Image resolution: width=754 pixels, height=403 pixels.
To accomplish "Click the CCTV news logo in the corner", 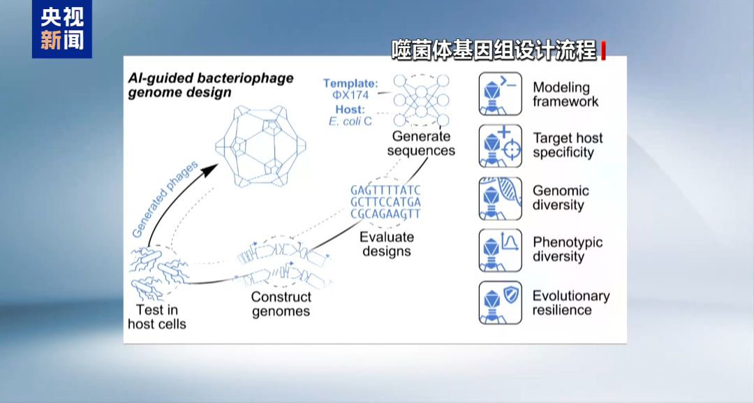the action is coord(62,29).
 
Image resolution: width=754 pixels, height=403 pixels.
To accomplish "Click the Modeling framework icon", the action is coord(500,94).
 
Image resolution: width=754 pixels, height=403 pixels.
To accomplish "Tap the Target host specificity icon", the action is coord(500,146).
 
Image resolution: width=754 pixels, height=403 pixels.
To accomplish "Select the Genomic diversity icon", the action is coord(500,198).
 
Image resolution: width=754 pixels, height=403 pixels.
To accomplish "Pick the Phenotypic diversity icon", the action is coord(500,250).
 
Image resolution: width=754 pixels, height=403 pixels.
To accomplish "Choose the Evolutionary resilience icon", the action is coord(500,302).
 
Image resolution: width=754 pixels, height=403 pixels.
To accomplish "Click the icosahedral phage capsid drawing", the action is coord(260,146).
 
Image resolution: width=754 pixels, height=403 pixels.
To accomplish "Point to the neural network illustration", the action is coord(421,100).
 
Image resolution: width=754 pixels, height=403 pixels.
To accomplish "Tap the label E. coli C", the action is coord(350,122).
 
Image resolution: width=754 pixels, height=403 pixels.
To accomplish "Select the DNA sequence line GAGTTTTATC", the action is coord(385,190).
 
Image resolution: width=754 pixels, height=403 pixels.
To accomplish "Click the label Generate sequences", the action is coord(421,143).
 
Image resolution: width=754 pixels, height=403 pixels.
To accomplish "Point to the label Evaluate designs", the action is coord(387,244).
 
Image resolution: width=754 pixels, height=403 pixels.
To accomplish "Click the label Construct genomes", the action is coord(281,304).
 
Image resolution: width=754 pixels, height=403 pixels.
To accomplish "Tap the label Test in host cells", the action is coord(157,316).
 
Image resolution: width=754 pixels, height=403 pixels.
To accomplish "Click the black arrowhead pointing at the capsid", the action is coord(209,170).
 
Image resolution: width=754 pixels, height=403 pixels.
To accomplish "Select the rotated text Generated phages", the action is coord(165,200).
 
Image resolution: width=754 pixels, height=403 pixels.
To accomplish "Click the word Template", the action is coord(350,83).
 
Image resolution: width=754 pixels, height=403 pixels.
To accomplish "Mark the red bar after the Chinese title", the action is coord(603,50).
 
